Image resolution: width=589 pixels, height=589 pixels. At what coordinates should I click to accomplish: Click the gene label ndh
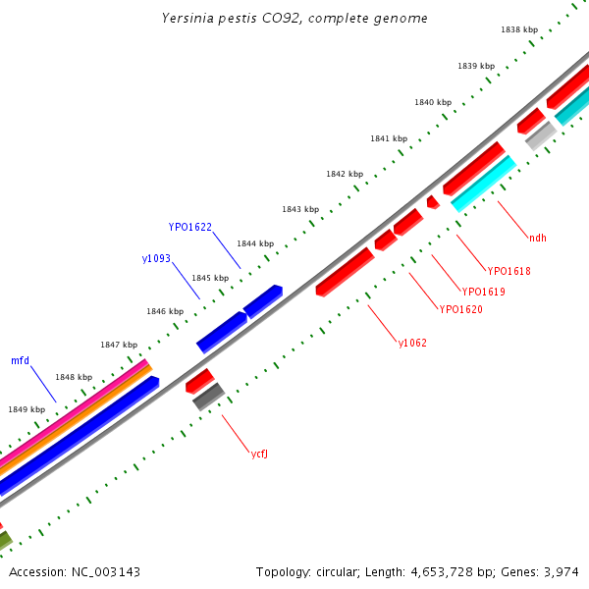click(537, 238)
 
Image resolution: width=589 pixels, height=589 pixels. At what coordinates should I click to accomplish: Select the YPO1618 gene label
click(509, 271)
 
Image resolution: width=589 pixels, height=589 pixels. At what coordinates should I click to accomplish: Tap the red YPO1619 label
click(484, 292)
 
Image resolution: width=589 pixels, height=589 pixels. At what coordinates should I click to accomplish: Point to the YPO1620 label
click(461, 309)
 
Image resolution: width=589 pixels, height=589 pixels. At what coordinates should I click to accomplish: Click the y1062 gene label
click(412, 343)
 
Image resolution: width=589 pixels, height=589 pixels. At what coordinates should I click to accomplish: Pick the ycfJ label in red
click(260, 454)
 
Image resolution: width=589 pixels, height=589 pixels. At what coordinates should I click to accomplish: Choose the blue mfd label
click(20, 360)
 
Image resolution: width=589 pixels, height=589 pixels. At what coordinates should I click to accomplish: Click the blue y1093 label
click(156, 259)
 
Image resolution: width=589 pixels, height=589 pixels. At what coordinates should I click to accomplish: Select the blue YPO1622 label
click(189, 227)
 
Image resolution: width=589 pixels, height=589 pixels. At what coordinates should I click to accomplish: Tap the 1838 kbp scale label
click(518, 30)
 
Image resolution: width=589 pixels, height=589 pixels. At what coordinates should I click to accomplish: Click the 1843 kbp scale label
click(299, 209)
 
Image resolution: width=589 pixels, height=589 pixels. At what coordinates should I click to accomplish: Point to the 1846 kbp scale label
click(165, 311)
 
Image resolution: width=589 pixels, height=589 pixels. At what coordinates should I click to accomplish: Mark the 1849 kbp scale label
click(27, 409)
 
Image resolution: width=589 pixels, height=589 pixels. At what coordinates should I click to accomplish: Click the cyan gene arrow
click(483, 183)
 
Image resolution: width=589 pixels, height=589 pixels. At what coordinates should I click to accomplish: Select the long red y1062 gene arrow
click(345, 272)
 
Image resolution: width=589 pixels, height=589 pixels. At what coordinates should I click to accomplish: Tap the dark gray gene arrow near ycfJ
click(208, 397)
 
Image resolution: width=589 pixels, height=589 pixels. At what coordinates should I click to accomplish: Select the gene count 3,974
click(561, 571)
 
